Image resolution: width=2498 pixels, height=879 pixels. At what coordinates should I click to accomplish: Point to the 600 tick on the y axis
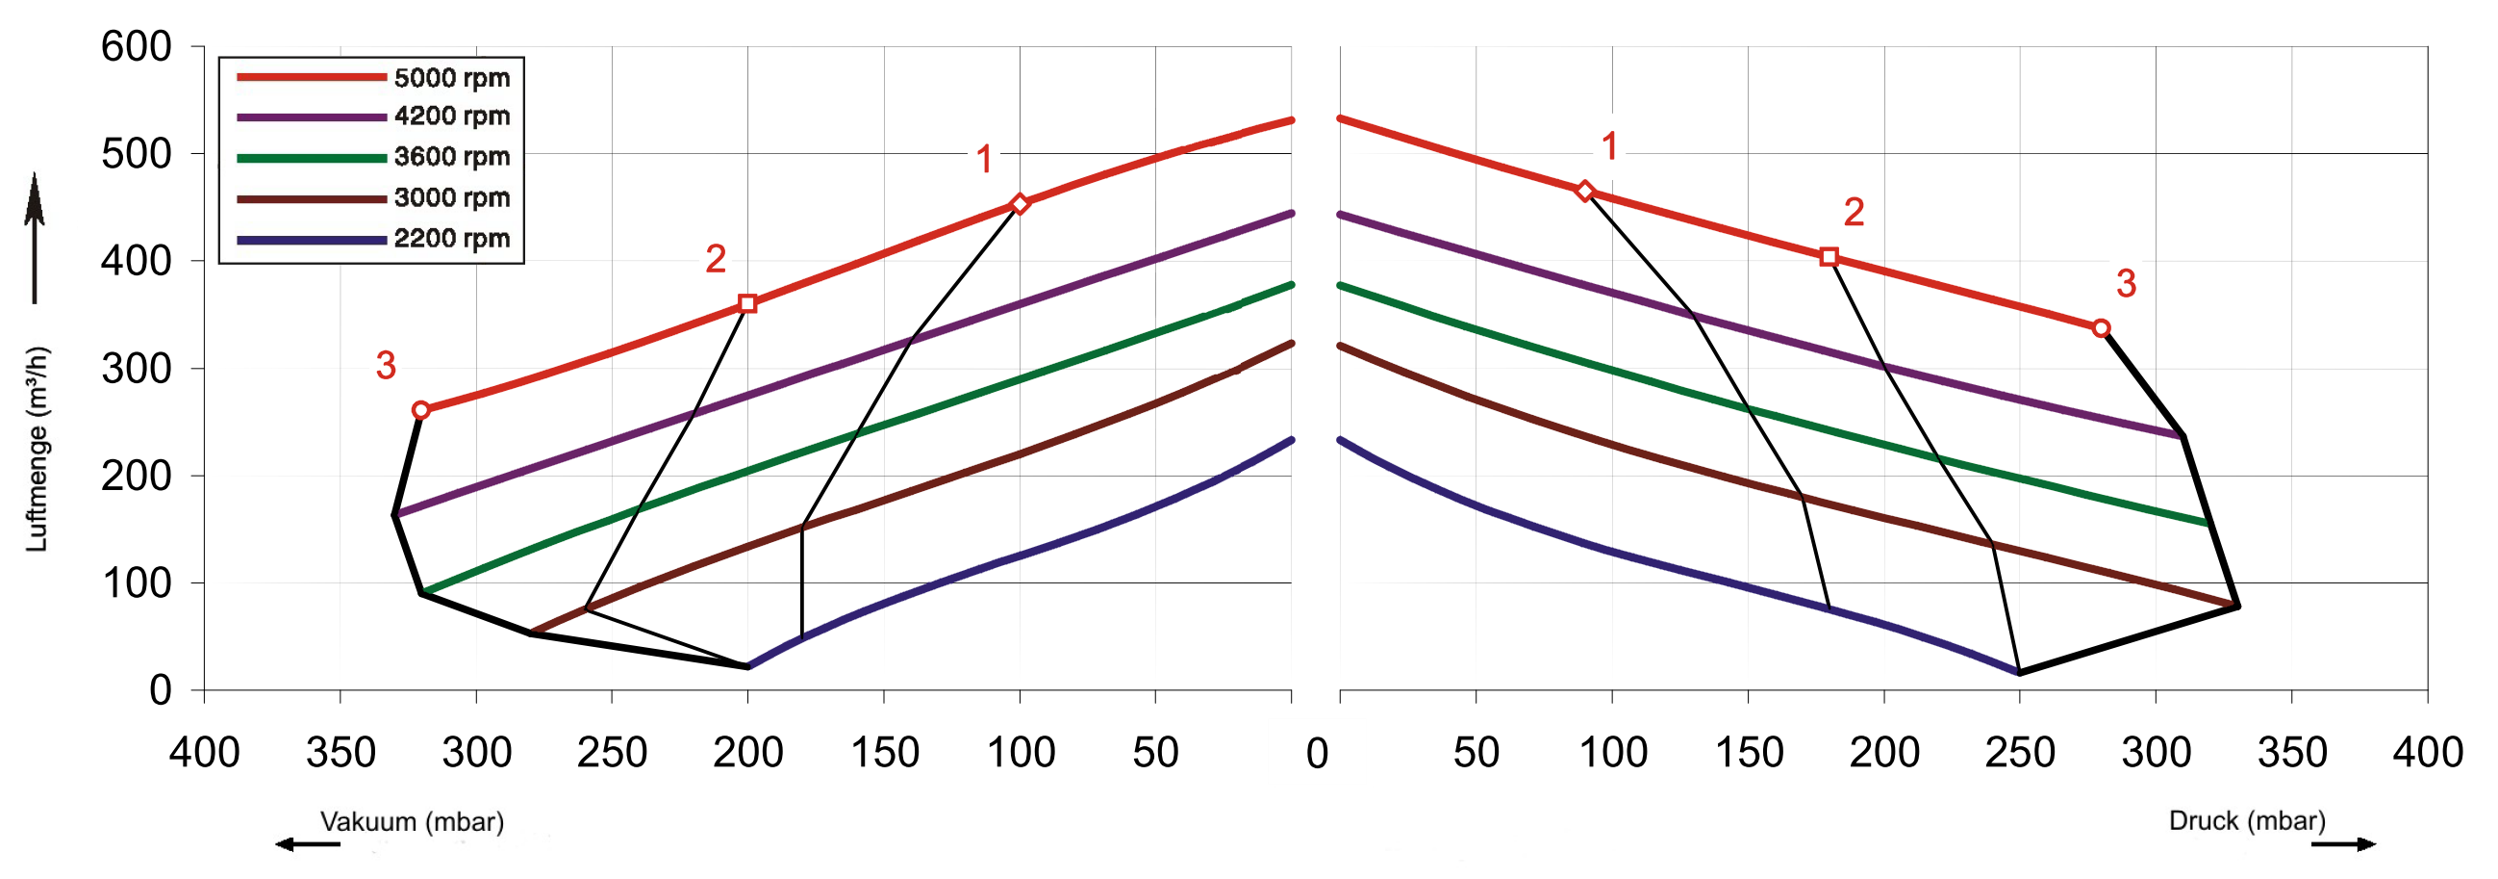tap(137, 46)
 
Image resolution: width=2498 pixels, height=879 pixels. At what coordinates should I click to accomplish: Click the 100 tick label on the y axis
tap(137, 583)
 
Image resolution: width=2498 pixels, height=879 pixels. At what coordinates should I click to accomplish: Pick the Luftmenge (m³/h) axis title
tap(37, 449)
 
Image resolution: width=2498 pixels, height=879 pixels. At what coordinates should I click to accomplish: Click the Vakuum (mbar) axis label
tap(412, 822)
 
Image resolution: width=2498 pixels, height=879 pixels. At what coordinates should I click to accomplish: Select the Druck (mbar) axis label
tap(2247, 821)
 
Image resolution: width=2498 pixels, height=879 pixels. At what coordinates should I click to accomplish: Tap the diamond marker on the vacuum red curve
tap(1020, 204)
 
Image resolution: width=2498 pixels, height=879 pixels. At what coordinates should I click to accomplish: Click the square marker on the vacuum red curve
tap(747, 303)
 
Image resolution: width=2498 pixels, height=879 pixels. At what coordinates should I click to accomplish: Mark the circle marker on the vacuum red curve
tap(421, 410)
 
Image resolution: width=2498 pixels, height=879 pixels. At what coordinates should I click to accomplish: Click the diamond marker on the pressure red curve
tap(1584, 192)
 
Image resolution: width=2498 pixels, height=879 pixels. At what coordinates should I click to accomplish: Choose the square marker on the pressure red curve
tap(1829, 257)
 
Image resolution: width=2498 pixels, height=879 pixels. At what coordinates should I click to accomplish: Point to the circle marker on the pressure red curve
tap(2102, 329)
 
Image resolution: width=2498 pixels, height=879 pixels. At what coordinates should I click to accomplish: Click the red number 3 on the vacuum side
tap(386, 366)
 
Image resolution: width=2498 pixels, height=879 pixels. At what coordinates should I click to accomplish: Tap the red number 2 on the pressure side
tap(1855, 212)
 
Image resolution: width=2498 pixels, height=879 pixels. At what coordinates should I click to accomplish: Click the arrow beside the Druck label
tap(2343, 844)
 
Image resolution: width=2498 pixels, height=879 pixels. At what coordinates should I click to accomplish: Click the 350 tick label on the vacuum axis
tap(341, 753)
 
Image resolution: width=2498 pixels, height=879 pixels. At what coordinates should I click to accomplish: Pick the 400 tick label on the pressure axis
tap(2427, 753)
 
